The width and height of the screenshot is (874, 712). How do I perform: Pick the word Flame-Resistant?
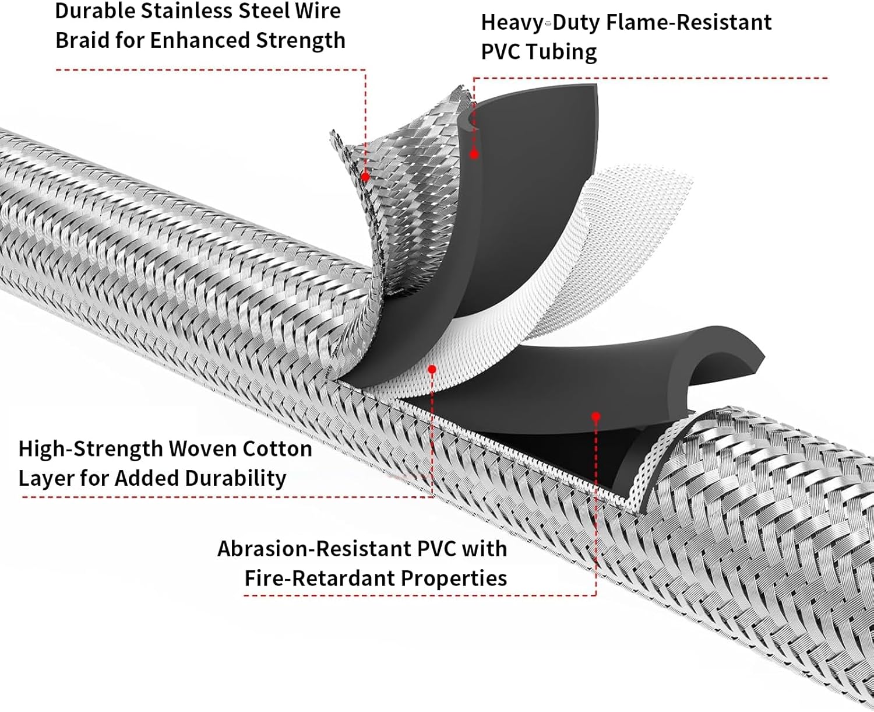(x=689, y=23)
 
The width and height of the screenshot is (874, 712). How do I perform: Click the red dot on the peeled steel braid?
(x=365, y=176)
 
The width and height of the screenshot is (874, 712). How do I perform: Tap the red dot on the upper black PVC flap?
(x=474, y=155)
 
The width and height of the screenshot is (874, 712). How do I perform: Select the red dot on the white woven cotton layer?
(x=432, y=369)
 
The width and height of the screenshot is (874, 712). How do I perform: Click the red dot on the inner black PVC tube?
(x=595, y=416)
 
